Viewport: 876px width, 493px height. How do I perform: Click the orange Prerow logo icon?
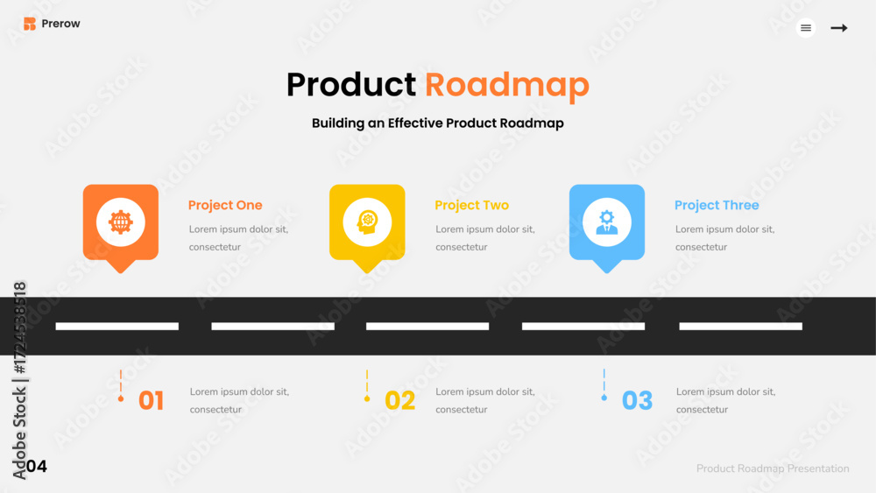tap(30, 24)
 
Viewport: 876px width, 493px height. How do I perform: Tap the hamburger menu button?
tap(806, 28)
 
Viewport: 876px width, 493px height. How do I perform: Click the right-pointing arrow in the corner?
tap(838, 28)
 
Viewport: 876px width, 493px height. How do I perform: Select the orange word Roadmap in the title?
tap(506, 86)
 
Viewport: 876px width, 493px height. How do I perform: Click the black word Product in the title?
tap(351, 85)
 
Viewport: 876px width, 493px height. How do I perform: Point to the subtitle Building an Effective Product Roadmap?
tap(437, 123)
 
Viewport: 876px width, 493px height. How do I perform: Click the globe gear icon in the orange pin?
tap(121, 222)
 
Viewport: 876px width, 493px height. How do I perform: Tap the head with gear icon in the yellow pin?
tap(367, 222)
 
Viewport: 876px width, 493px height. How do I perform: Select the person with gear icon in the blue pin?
tap(607, 222)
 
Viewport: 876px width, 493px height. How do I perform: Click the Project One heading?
tap(225, 206)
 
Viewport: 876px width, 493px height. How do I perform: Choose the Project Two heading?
tap(471, 206)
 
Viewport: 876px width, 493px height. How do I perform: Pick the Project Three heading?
tap(717, 206)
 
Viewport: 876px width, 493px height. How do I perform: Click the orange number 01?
tap(151, 400)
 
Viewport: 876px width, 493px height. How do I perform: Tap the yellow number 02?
tap(400, 400)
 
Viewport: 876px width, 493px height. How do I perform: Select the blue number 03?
tap(637, 400)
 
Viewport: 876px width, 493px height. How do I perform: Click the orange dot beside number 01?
tap(121, 398)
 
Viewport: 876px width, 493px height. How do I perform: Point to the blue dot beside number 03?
tap(604, 398)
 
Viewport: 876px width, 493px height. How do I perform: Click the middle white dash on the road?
tap(427, 326)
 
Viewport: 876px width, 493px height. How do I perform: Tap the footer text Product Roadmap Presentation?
tap(773, 468)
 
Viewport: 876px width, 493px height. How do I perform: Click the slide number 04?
tap(36, 466)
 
